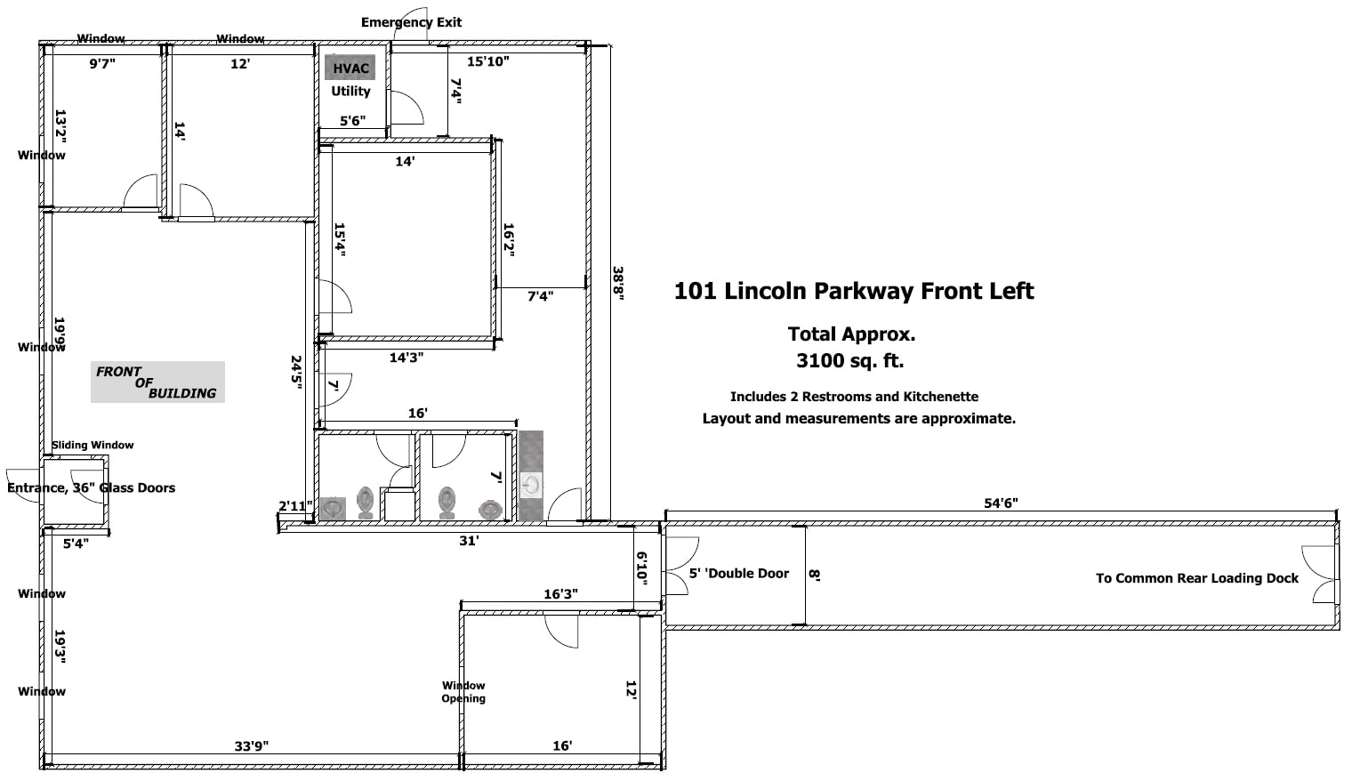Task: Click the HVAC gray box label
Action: (350, 68)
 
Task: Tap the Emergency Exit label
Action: (411, 22)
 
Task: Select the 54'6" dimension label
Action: (1001, 503)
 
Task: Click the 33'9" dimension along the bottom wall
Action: (252, 746)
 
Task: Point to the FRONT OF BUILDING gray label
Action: (157, 382)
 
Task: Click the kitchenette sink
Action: (531, 485)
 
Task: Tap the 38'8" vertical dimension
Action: (617, 284)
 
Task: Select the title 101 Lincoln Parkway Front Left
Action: (854, 291)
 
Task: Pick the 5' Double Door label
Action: (739, 574)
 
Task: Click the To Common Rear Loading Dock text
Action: (1196, 578)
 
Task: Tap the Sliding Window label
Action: (93, 445)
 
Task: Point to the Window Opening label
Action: (463, 692)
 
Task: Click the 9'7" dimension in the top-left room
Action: (102, 64)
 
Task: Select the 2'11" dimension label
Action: (295, 506)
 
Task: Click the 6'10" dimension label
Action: (641, 568)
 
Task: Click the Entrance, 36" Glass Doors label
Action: (91, 487)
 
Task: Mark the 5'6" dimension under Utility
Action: (352, 121)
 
